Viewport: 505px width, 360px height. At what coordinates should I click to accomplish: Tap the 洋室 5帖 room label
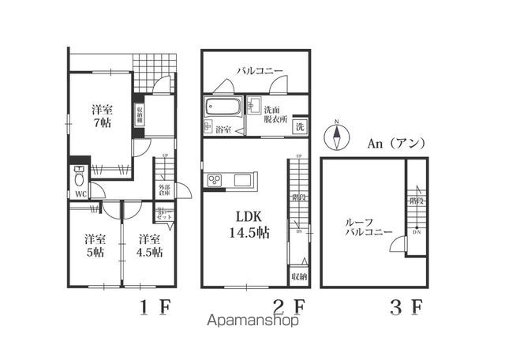click(95, 246)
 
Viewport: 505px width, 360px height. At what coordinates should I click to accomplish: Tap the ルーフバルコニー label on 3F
click(365, 229)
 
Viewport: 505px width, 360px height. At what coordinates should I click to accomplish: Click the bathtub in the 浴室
click(223, 107)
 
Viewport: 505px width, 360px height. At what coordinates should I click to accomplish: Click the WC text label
click(80, 193)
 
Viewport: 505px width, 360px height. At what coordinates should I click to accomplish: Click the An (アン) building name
click(397, 144)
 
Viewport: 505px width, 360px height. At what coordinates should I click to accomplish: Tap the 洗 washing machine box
click(301, 127)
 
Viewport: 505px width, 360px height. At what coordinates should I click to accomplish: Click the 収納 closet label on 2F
click(299, 276)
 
